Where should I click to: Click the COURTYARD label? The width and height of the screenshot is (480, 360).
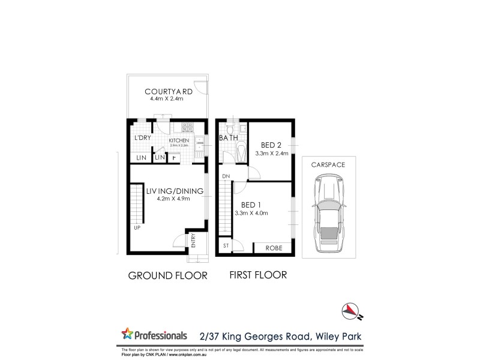(x=169, y=92)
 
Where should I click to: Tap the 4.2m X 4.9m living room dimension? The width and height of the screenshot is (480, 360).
(x=169, y=199)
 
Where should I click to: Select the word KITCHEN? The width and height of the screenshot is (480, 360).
(x=179, y=140)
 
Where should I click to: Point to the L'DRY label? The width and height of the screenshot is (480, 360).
(x=142, y=138)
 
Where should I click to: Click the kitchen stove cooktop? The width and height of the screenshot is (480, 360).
(x=187, y=127)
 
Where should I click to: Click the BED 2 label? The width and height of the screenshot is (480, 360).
(x=272, y=145)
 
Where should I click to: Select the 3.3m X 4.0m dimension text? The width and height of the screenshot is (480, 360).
(x=251, y=213)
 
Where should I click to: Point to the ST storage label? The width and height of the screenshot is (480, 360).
(x=226, y=246)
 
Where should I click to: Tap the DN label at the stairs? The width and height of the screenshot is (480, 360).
(x=226, y=176)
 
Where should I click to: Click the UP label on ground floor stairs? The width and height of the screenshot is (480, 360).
(x=137, y=228)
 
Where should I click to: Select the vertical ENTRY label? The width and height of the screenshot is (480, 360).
(x=194, y=240)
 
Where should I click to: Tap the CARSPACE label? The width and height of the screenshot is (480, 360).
(x=327, y=164)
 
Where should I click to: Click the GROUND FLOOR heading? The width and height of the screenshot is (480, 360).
(x=168, y=276)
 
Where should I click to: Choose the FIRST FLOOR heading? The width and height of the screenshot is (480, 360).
(x=259, y=275)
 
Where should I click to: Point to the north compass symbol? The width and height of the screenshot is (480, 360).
(x=350, y=310)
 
